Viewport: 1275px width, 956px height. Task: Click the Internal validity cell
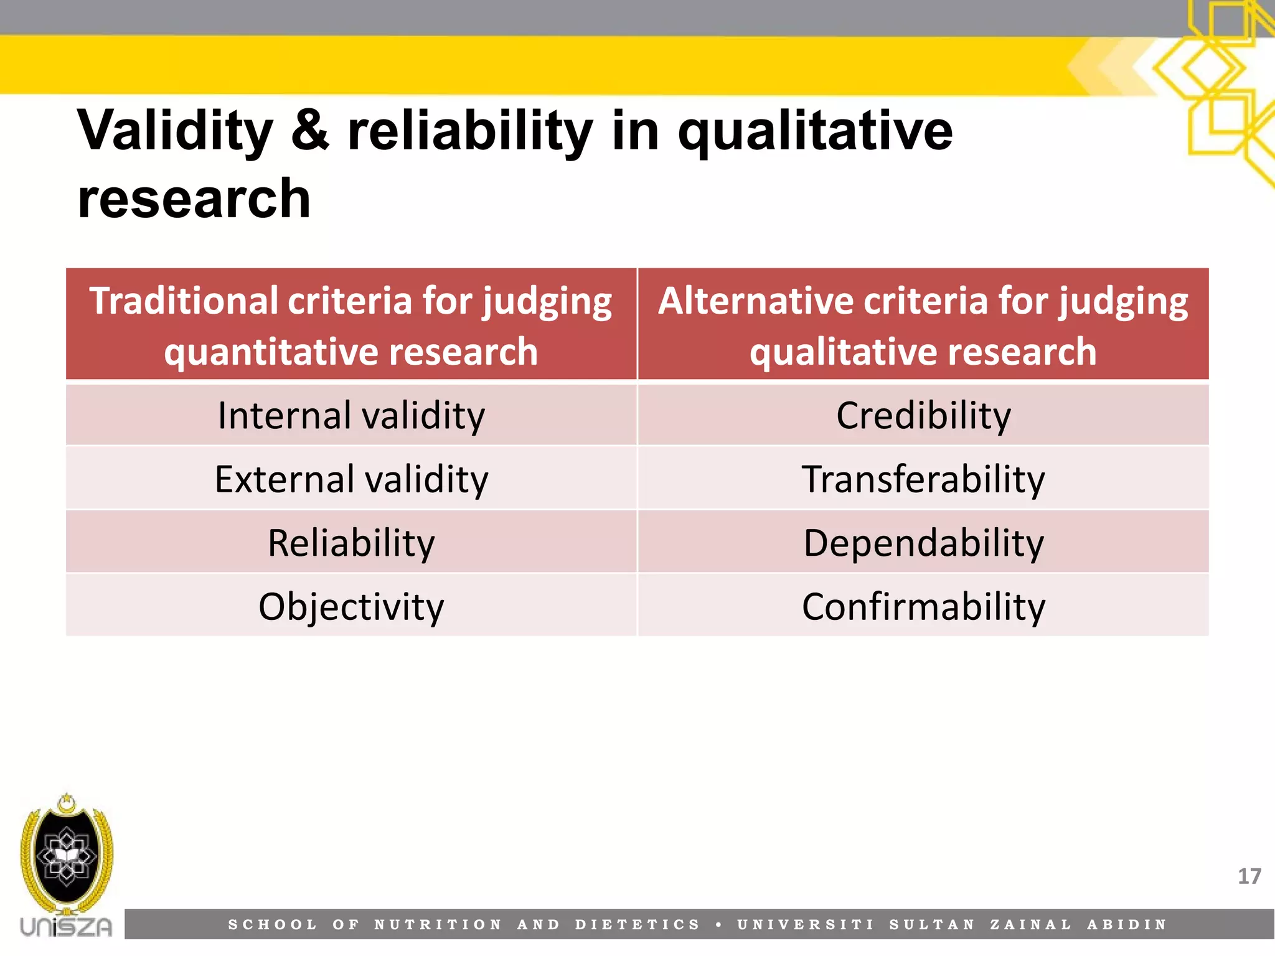pos(351,416)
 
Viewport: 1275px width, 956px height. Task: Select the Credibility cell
pos(923,416)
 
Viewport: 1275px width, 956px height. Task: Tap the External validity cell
pos(351,479)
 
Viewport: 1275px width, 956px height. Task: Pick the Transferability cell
pos(923,479)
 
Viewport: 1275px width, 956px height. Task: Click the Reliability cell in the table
pos(351,543)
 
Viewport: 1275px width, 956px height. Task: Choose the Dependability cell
pos(923,543)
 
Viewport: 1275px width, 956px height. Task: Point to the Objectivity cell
pos(351,606)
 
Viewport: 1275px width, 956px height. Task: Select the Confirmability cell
pos(923,606)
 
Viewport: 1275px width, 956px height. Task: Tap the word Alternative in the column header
pos(755,301)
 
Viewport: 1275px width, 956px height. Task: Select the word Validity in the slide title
pos(175,131)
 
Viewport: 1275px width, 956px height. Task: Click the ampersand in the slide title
pos(309,131)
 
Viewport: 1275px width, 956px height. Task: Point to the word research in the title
pos(194,199)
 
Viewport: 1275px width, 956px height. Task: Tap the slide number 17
pos(1249,876)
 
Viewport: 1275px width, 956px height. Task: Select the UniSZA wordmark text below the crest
pos(66,927)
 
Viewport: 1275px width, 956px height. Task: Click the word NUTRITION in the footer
pos(438,925)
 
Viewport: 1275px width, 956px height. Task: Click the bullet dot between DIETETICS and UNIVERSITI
pos(719,925)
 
